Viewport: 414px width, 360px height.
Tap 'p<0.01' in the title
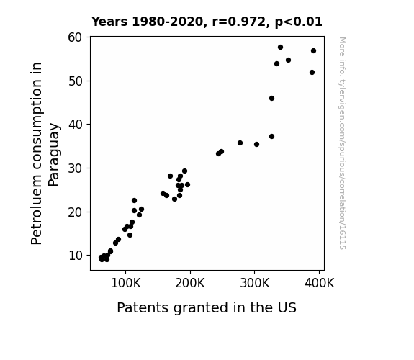point(299,22)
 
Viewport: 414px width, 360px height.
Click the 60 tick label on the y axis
point(76,37)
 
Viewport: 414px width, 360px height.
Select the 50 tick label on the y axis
point(76,81)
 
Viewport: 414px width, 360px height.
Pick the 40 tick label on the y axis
point(76,125)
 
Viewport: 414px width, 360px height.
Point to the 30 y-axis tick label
point(76,168)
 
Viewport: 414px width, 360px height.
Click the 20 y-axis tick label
point(76,212)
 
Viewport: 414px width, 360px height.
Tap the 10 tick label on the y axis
point(76,256)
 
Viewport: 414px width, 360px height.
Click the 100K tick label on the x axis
point(126,283)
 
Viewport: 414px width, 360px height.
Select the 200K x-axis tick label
point(190,283)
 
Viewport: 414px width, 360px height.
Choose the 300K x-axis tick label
point(255,283)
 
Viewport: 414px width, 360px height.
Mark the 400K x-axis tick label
point(320,283)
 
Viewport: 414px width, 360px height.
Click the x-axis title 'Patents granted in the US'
point(207,308)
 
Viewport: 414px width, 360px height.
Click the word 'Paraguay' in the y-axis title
point(55,155)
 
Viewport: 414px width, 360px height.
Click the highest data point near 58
point(280,48)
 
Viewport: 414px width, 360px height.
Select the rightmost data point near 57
point(313,50)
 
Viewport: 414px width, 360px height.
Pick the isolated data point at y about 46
point(271,98)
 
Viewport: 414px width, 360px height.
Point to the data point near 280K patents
point(240,143)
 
